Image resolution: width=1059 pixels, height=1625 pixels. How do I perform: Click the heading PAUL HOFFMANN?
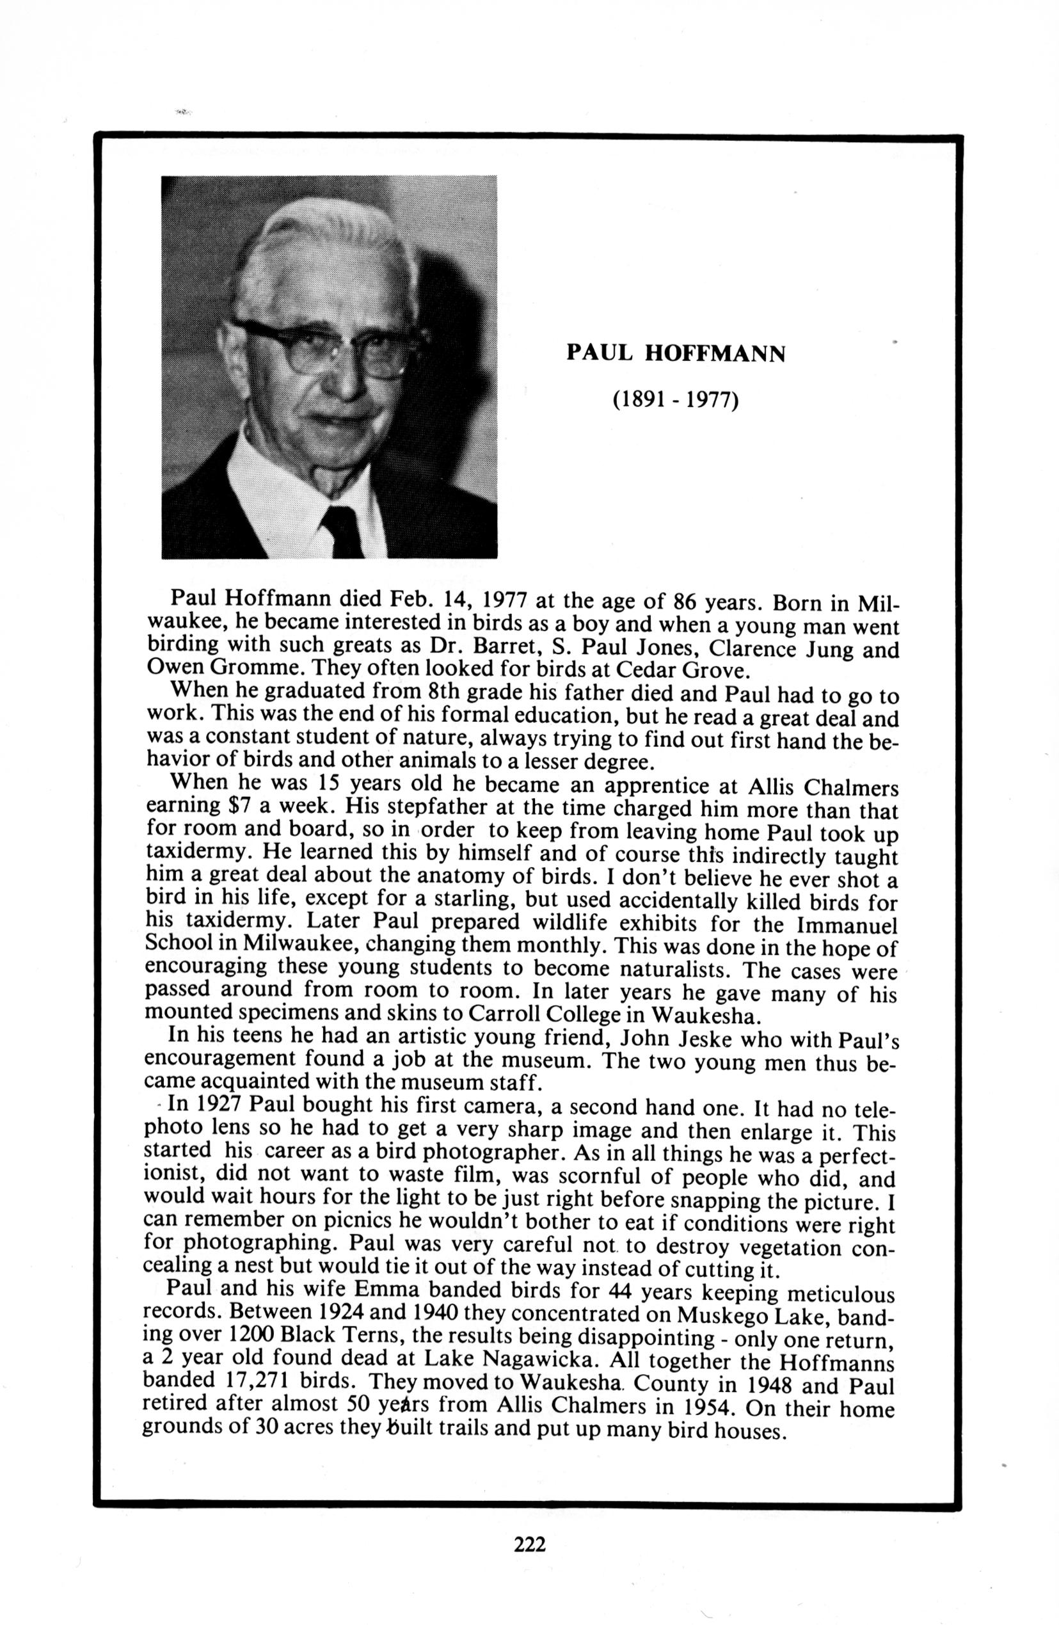click(x=675, y=353)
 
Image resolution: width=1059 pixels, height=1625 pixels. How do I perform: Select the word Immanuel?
click(x=846, y=925)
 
